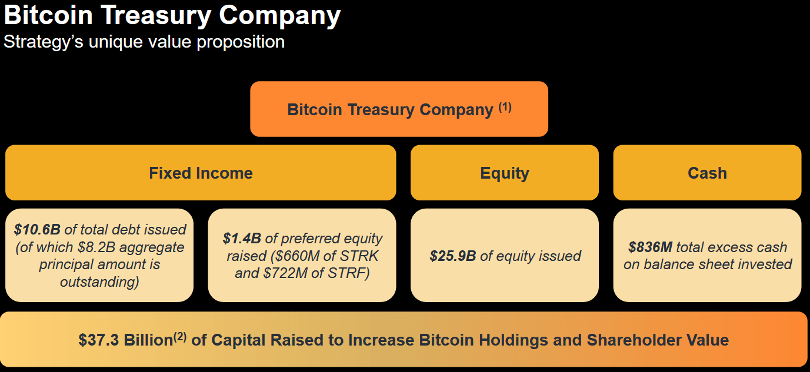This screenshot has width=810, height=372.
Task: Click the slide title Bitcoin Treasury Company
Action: (x=172, y=16)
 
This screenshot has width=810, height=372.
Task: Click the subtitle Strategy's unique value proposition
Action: (x=144, y=42)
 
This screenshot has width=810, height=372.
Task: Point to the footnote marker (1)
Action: (x=505, y=107)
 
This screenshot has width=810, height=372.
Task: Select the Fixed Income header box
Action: (x=201, y=173)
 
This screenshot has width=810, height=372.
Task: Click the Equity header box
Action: (x=504, y=173)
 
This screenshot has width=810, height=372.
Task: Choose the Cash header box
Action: (x=707, y=173)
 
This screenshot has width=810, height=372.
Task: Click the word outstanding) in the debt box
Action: (x=99, y=282)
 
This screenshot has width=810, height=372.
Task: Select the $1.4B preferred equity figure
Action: (x=241, y=239)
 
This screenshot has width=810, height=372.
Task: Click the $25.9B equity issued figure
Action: (x=452, y=256)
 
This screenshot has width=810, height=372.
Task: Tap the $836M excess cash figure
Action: (x=650, y=247)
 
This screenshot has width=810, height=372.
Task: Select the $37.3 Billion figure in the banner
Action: (x=125, y=340)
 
